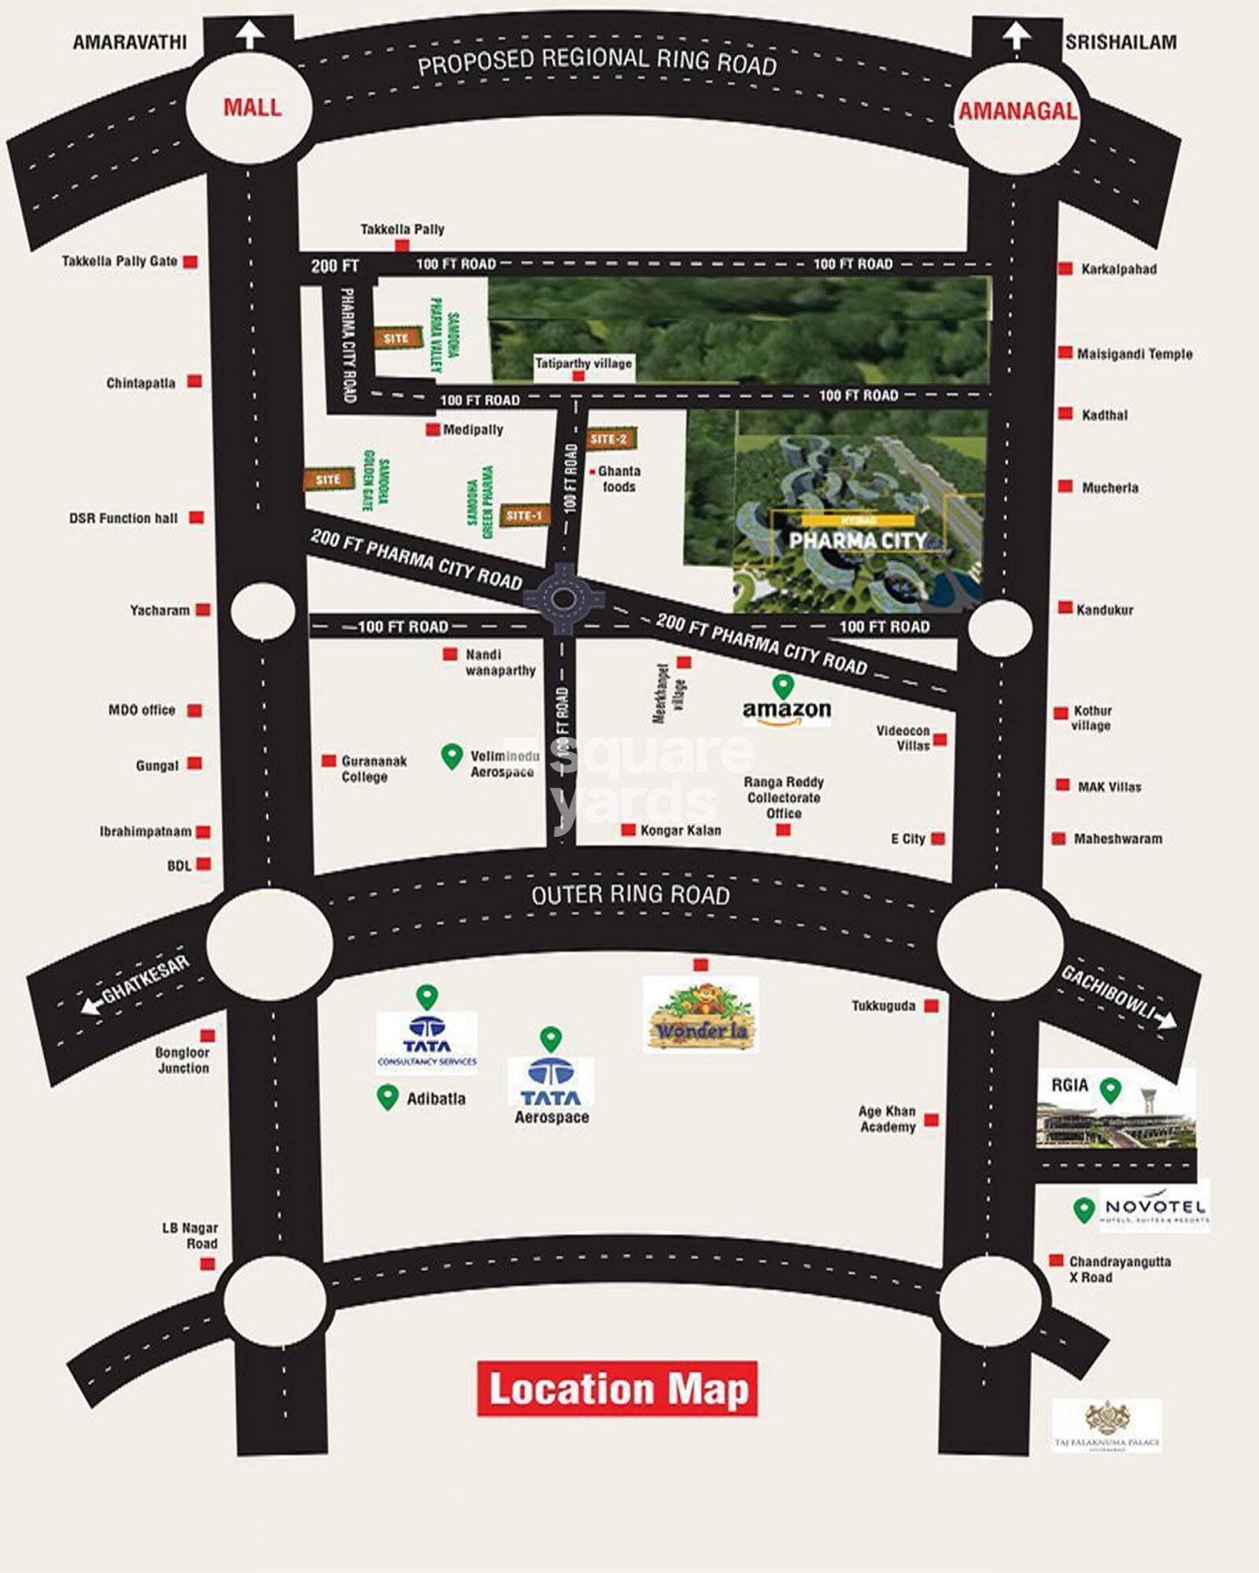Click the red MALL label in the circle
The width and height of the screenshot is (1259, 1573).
(x=252, y=108)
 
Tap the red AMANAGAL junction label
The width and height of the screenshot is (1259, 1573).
(x=1017, y=111)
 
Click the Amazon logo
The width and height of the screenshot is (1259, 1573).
(x=786, y=710)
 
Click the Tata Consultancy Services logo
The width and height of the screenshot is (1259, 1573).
(x=427, y=1042)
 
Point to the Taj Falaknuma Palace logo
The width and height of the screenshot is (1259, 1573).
(x=1107, y=1424)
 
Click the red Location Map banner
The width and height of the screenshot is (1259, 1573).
(x=617, y=1389)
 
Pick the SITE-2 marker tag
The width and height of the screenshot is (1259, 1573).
(x=609, y=439)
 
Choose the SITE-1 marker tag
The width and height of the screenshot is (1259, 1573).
(x=523, y=515)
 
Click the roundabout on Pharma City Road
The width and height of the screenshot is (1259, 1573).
(x=563, y=599)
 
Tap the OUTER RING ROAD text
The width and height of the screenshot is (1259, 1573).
(x=630, y=895)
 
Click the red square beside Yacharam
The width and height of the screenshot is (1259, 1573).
(x=203, y=610)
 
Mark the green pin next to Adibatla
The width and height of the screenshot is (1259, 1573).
(x=387, y=1096)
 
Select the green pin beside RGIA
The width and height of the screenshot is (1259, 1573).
(x=1110, y=1089)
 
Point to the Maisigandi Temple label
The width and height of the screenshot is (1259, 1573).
(x=1134, y=354)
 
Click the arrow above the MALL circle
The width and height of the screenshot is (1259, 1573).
(x=250, y=34)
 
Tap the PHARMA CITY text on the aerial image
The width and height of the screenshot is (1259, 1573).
(x=857, y=540)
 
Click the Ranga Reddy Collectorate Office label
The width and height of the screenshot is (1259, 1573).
(x=784, y=797)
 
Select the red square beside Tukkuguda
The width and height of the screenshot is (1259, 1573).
(x=932, y=1006)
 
